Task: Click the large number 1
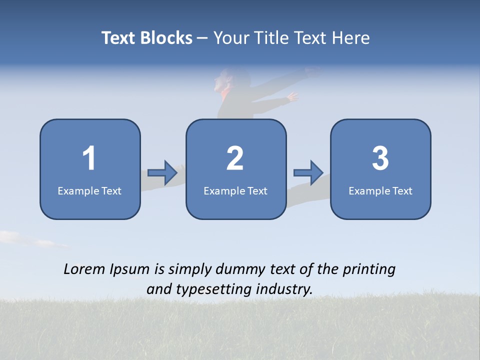pos(89,158)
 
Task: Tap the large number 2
pos(235,158)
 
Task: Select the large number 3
pos(380,158)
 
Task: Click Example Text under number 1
pos(89,190)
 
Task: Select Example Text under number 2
pos(235,190)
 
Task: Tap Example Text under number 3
pos(380,190)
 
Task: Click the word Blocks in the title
pos(166,38)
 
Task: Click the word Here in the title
pos(351,38)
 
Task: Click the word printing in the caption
pos(368,270)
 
